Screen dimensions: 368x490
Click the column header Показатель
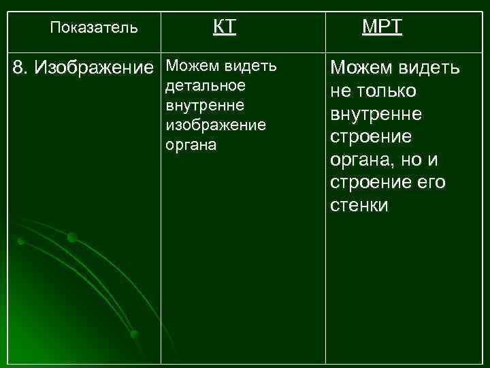point(95,28)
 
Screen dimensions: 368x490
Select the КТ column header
point(224,27)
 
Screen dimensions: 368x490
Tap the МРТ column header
point(382,27)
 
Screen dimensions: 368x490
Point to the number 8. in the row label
point(22,67)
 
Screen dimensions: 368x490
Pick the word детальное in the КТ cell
point(205,87)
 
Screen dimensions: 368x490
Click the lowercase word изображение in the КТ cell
point(216,126)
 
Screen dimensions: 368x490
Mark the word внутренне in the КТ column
point(205,106)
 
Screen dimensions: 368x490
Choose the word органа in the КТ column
point(190,146)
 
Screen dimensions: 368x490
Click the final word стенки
point(359,206)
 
